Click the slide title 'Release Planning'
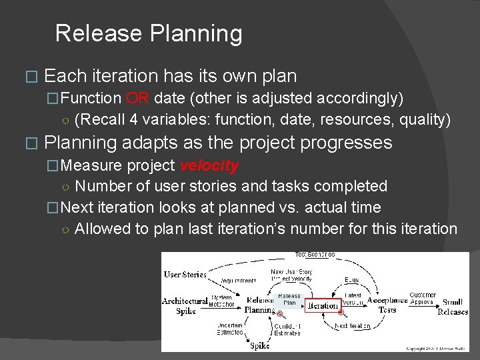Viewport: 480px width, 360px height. tap(149, 33)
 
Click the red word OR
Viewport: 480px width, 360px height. tap(137, 99)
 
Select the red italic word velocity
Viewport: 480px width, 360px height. tap(209, 165)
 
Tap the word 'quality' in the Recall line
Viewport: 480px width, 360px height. tap(424, 120)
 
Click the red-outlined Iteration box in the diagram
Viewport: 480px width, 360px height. tap(323, 305)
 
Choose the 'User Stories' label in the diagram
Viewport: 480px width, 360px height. tap(185, 274)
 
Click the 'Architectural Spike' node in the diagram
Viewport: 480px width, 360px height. tap(185, 306)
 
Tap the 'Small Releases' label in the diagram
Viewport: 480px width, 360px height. tap(453, 307)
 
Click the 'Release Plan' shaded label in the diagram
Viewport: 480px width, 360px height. tap(289, 299)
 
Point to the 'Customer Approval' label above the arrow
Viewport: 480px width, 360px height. tap(423, 298)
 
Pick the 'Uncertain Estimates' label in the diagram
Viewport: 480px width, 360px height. tap(230, 328)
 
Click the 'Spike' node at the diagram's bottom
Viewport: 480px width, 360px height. tap(259, 345)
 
